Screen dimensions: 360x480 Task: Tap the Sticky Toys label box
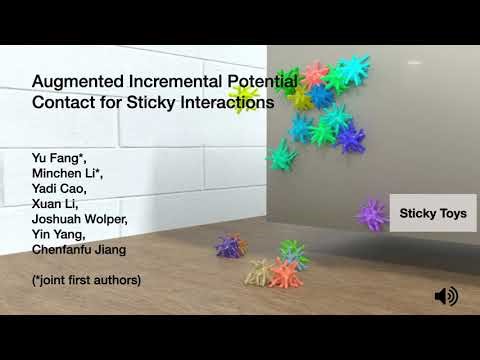click(x=432, y=213)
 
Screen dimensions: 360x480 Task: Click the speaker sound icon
click(x=446, y=296)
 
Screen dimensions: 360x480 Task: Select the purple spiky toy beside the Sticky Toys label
click(x=372, y=213)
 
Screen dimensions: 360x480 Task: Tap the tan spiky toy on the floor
click(x=258, y=271)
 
